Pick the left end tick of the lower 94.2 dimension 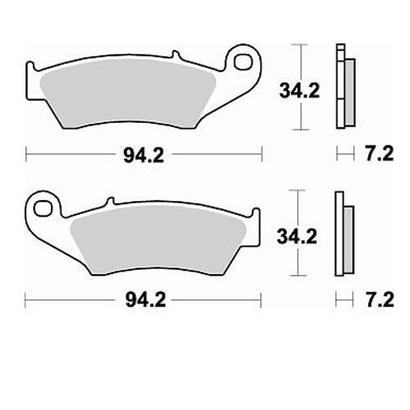click(26, 300)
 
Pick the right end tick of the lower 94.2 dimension click(262, 300)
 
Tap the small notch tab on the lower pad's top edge click(107, 202)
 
